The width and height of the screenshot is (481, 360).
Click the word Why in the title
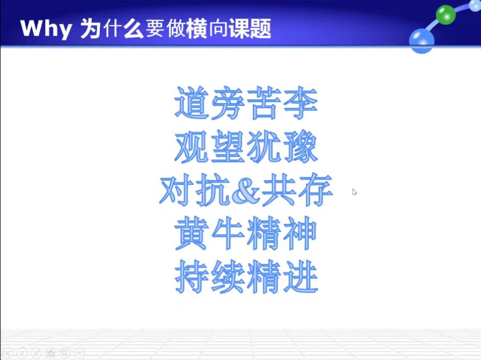click(x=46, y=29)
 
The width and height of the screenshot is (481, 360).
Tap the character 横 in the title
click(x=197, y=28)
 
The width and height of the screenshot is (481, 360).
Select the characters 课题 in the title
click(x=250, y=28)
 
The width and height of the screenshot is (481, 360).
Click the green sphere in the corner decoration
click(x=446, y=15)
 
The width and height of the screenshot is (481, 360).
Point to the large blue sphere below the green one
click(x=421, y=40)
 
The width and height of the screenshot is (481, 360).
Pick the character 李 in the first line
click(x=300, y=103)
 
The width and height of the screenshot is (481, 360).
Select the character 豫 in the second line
click(x=300, y=146)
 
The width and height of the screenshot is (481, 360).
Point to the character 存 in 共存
click(x=315, y=190)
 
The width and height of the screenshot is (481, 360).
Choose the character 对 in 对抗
click(x=177, y=190)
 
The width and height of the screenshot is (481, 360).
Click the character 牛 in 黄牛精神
click(x=228, y=233)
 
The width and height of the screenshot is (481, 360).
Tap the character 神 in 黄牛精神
click(x=300, y=233)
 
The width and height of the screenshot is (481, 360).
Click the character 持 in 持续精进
click(x=192, y=277)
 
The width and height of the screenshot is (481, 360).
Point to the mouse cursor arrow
click(x=354, y=192)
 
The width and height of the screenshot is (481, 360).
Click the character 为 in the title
click(x=91, y=28)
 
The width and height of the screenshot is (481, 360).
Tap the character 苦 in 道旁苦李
click(x=264, y=103)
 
